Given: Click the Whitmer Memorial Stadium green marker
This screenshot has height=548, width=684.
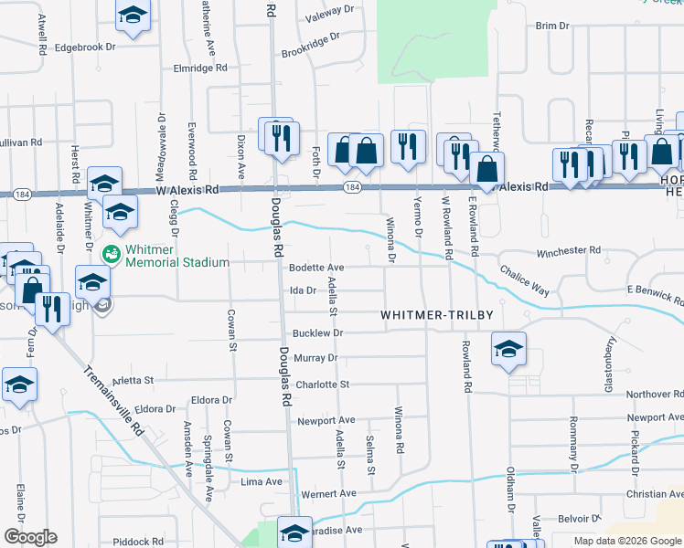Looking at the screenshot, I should tap(111, 253).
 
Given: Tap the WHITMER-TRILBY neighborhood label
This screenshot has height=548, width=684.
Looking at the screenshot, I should tap(437, 315).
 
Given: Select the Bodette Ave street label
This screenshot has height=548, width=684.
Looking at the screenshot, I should tap(315, 268).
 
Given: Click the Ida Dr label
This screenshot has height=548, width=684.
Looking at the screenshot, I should tap(303, 290).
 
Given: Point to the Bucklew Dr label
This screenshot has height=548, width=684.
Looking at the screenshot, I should tap(317, 334).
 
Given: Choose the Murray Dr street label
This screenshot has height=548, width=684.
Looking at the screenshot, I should tap(316, 358).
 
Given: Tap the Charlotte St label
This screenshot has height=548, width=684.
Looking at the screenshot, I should tap(323, 385).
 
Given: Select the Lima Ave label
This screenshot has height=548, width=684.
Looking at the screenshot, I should tap(262, 481).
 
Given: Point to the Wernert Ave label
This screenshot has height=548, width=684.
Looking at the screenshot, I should tap(328, 494).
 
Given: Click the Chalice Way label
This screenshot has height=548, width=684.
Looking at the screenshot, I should tap(525, 280).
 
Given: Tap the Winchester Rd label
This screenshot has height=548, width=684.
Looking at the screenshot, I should tap(568, 250).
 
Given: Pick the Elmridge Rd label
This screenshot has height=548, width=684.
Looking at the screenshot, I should tap(199, 68).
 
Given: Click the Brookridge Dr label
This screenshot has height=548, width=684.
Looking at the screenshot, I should tap(311, 45).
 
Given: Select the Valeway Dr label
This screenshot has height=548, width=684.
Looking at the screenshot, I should tap(329, 12).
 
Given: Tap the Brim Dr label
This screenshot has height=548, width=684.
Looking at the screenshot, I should tap(552, 26).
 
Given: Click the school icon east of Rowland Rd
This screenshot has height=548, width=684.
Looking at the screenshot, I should tap(508, 349).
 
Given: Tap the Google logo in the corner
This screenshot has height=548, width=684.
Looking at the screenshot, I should tap(30, 537).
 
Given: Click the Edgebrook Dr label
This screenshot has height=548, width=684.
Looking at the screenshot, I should tap(85, 47).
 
